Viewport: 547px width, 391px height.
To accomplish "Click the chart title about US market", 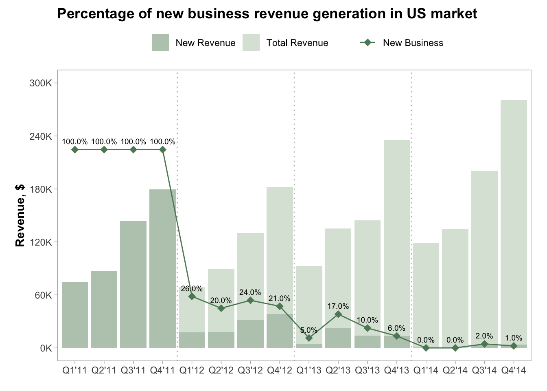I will [267, 14].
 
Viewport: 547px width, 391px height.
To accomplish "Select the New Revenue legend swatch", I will [160, 43].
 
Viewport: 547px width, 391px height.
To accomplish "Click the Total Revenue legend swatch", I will [251, 43].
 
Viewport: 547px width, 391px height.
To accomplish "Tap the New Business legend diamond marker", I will [368, 43].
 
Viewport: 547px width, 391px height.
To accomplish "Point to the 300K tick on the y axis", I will [41, 83].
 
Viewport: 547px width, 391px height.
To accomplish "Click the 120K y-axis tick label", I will [41, 242].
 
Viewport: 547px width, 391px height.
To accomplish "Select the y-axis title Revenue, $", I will [20, 215].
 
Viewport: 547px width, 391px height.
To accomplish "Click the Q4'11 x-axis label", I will [162, 370].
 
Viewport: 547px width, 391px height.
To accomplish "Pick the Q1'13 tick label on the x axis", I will [309, 370].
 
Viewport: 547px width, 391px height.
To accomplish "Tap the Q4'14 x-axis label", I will [514, 370].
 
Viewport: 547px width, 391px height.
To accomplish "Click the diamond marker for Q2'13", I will [338, 314].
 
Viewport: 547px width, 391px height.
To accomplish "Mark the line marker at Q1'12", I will [192, 296].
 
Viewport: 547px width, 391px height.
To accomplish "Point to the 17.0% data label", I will [338, 306].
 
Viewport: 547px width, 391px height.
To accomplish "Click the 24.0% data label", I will [250, 292].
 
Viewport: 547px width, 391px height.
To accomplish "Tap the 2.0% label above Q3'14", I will [484, 336].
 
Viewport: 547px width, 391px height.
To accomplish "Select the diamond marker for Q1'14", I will [426, 348].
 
